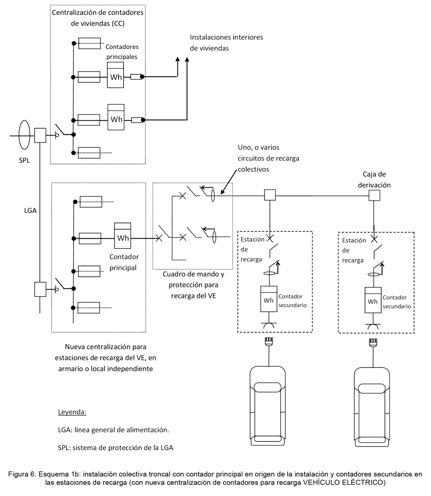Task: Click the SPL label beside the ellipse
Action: pos(24,161)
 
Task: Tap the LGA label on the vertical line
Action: pos(30,210)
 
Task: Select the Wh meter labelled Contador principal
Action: pos(122,236)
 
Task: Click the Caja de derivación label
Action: pos(374,180)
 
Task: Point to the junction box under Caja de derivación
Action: pos(374,196)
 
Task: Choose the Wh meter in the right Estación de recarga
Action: pos(373,300)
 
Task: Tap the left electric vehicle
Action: pos(268,406)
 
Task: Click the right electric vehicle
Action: pos(372,407)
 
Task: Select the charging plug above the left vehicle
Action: pos(269,341)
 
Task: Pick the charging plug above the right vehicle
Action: pos(373,342)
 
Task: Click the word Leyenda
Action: pos(72,412)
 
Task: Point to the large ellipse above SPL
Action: pos(24,135)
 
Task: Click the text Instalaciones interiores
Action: pos(226,37)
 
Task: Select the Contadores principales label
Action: pos(122,52)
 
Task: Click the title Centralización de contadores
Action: pos(97,13)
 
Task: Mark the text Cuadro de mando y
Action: pos(193,274)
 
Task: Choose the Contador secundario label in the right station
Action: pos(397,302)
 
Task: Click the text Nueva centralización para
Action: pos(106,347)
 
